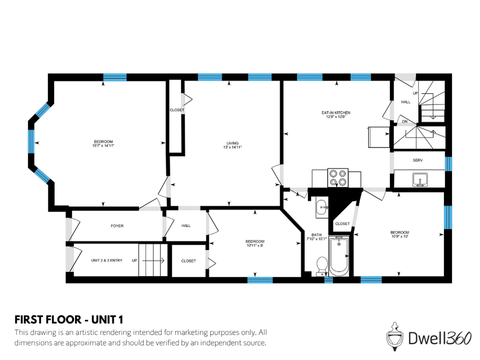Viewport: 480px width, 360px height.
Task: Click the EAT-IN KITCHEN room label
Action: point(336,112)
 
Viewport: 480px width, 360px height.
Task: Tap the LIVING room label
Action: point(232,143)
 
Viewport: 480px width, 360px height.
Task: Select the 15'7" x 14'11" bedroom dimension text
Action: point(103,146)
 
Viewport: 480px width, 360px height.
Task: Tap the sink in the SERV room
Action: point(418,180)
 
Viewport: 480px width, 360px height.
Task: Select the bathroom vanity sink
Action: point(322,207)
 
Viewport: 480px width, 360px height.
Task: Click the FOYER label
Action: point(117,226)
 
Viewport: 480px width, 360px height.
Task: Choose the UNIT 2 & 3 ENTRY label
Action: point(107,260)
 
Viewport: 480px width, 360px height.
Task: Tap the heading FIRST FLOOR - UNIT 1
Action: point(72,319)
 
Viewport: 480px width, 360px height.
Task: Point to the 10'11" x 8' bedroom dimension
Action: point(255,246)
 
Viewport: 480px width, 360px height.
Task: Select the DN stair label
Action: point(405,122)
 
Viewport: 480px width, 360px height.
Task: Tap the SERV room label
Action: point(417,160)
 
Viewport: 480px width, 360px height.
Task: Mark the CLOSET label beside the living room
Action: point(177,110)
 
